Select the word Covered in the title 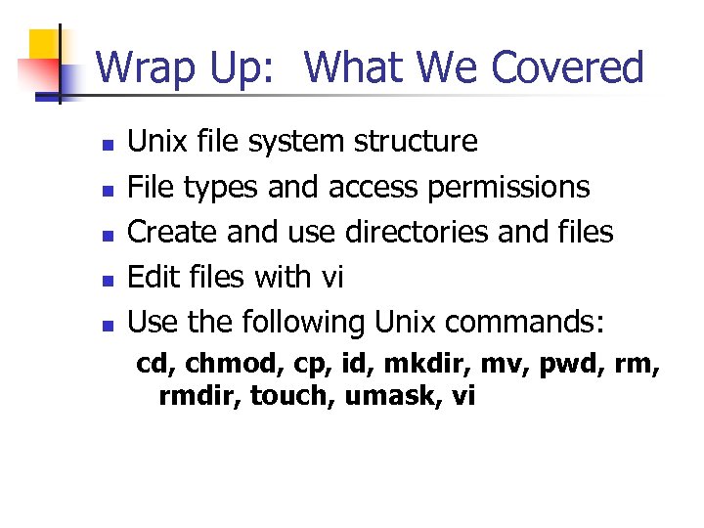pyautogui.click(x=568, y=67)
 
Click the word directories pyautogui.click(x=433, y=232)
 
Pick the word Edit pyautogui.click(x=154, y=277)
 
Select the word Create pyautogui.click(x=174, y=232)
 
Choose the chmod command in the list pyautogui.click(x=221, y=365)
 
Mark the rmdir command pyautogui.click(x=200, y=397)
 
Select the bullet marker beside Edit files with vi pyautogui.click(x=110, y=280)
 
